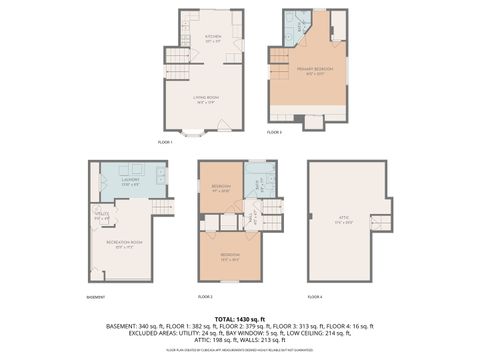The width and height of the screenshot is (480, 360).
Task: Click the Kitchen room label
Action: point(211,37)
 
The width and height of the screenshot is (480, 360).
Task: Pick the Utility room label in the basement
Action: point(100,214)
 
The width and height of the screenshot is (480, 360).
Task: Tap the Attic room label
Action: point(346,221)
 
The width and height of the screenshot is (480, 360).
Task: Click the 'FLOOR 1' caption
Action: point(165,142)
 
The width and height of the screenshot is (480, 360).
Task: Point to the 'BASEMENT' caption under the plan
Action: point(96,297)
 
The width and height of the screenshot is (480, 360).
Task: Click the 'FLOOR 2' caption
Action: point(205,297)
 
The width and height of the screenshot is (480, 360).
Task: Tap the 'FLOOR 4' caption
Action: point(315,297)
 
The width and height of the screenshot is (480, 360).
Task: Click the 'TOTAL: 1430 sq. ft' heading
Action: point(240,318)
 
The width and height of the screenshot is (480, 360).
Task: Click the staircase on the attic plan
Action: point(380,222)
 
